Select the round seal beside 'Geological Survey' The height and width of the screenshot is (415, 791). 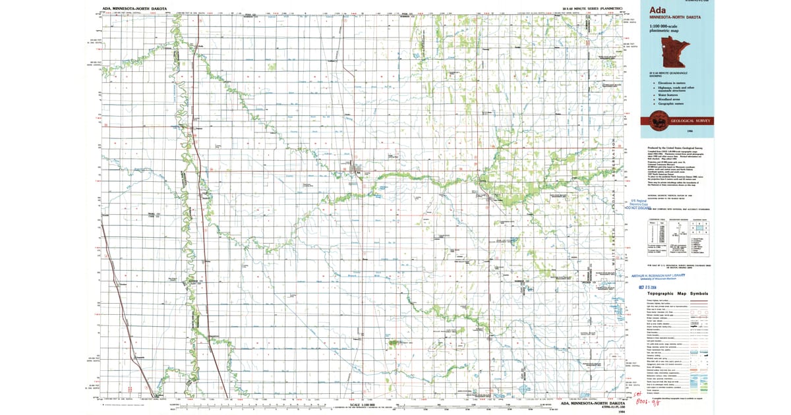point(657,120)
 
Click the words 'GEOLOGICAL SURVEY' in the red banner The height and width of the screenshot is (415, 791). point(688,121)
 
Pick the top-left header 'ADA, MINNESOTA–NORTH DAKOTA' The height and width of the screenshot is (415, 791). point(135,8)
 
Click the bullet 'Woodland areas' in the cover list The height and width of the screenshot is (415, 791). point(673,99)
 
